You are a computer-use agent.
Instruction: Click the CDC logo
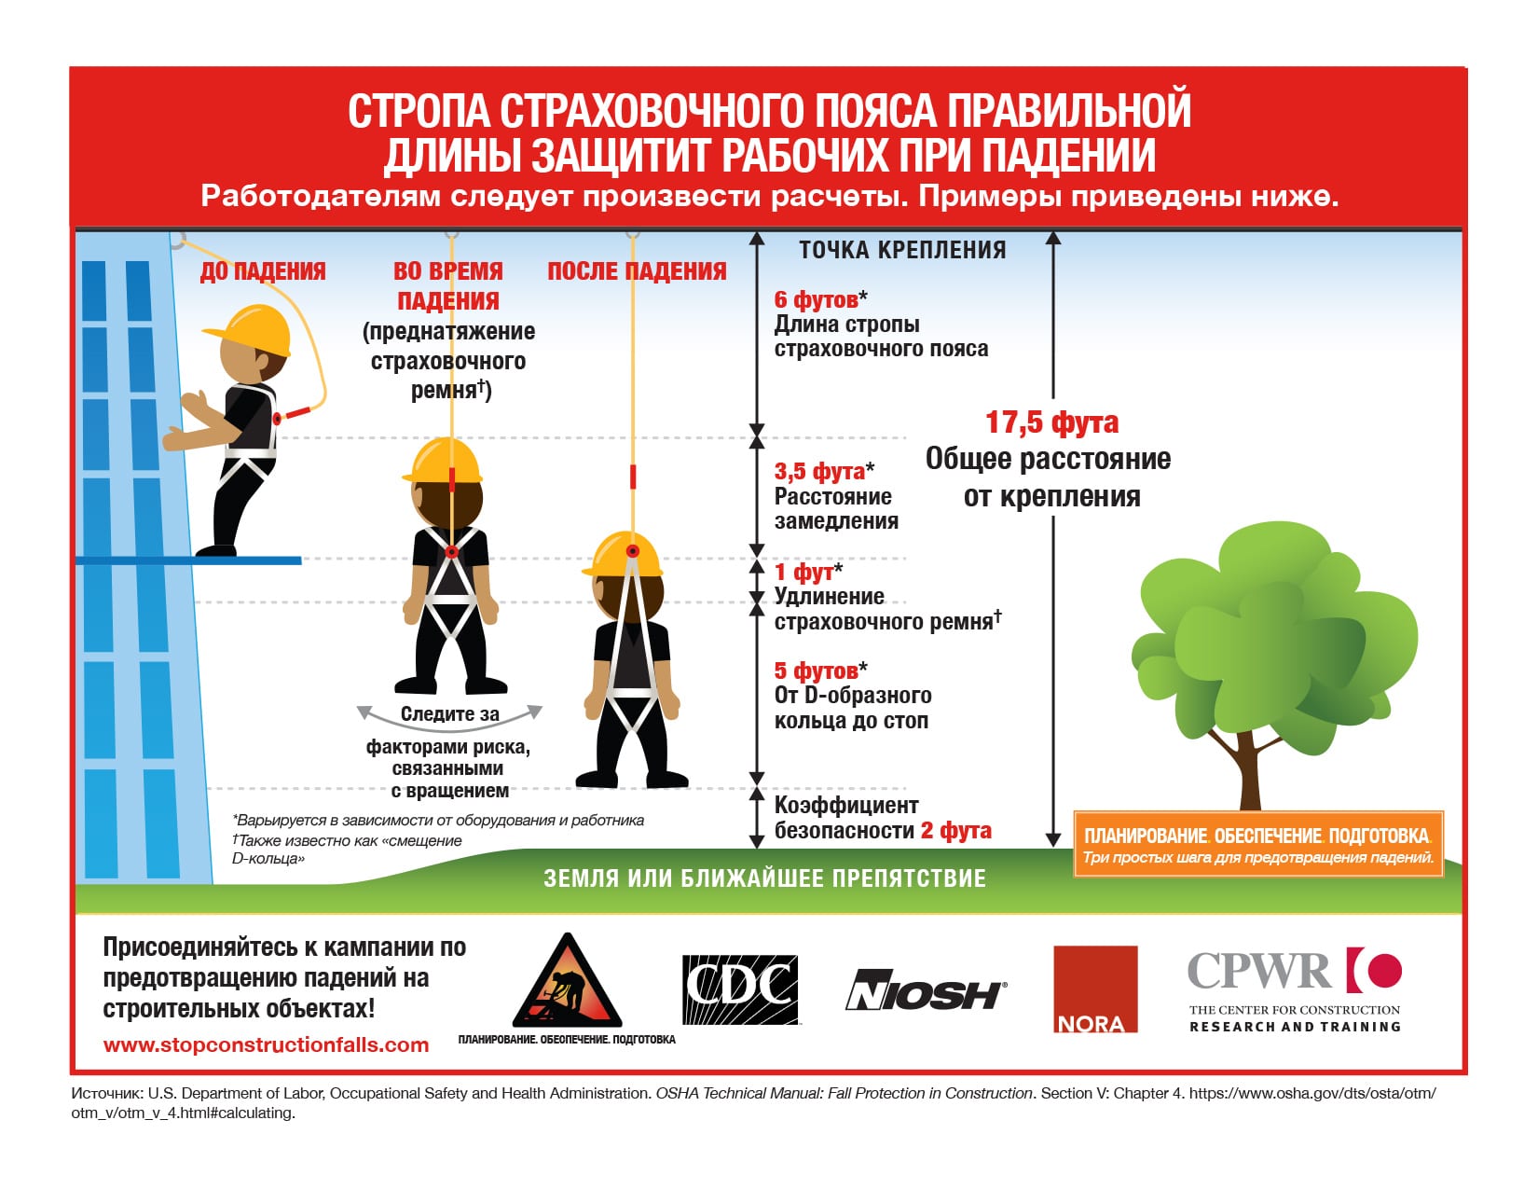741,989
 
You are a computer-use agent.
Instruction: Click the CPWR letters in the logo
1258,972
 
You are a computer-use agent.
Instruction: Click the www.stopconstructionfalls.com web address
266,1045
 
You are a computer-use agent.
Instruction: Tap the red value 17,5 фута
1051,422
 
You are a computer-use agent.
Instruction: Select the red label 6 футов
817,299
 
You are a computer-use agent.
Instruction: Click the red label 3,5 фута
819,472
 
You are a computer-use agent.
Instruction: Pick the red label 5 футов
817,671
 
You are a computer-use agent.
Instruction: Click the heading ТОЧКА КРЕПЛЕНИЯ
901,250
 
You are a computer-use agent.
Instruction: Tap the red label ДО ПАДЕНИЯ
263,271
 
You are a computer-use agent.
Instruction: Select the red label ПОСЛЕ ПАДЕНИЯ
637,271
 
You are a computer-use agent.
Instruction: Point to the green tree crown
1272,634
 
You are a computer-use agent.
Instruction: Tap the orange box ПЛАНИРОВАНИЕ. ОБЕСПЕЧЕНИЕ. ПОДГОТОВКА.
1257,844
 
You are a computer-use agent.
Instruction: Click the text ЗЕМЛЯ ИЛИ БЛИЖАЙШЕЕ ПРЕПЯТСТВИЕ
764,878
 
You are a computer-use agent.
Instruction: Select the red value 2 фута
955,831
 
